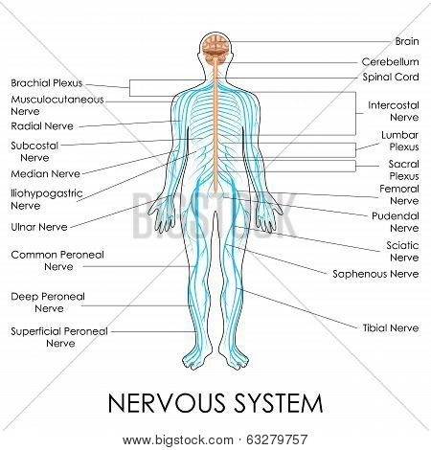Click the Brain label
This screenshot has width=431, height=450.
coord(407,41)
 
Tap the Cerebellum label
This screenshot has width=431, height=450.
coord(390,61)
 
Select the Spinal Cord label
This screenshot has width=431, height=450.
coord(391,77)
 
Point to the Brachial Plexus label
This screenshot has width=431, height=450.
coord(47,83)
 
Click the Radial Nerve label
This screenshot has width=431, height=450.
coord(42,126)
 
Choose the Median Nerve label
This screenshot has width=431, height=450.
coord(45,174)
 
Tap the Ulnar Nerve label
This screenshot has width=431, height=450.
coord(39,227)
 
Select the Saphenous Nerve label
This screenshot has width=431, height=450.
coord(375,274)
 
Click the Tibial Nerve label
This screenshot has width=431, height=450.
coord(391,327)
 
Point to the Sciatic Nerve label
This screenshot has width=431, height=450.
coord(402,251)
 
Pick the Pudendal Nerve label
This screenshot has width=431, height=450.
coord(396,222)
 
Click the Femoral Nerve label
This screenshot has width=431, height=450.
coord(399,194)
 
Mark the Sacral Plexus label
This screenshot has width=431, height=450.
coord(403,169)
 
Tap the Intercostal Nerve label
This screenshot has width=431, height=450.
coord(394,111)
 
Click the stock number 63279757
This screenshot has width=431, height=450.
coord(277,439)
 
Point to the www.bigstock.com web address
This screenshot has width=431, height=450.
coord(177,440)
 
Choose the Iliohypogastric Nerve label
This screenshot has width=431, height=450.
coord(47,199)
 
